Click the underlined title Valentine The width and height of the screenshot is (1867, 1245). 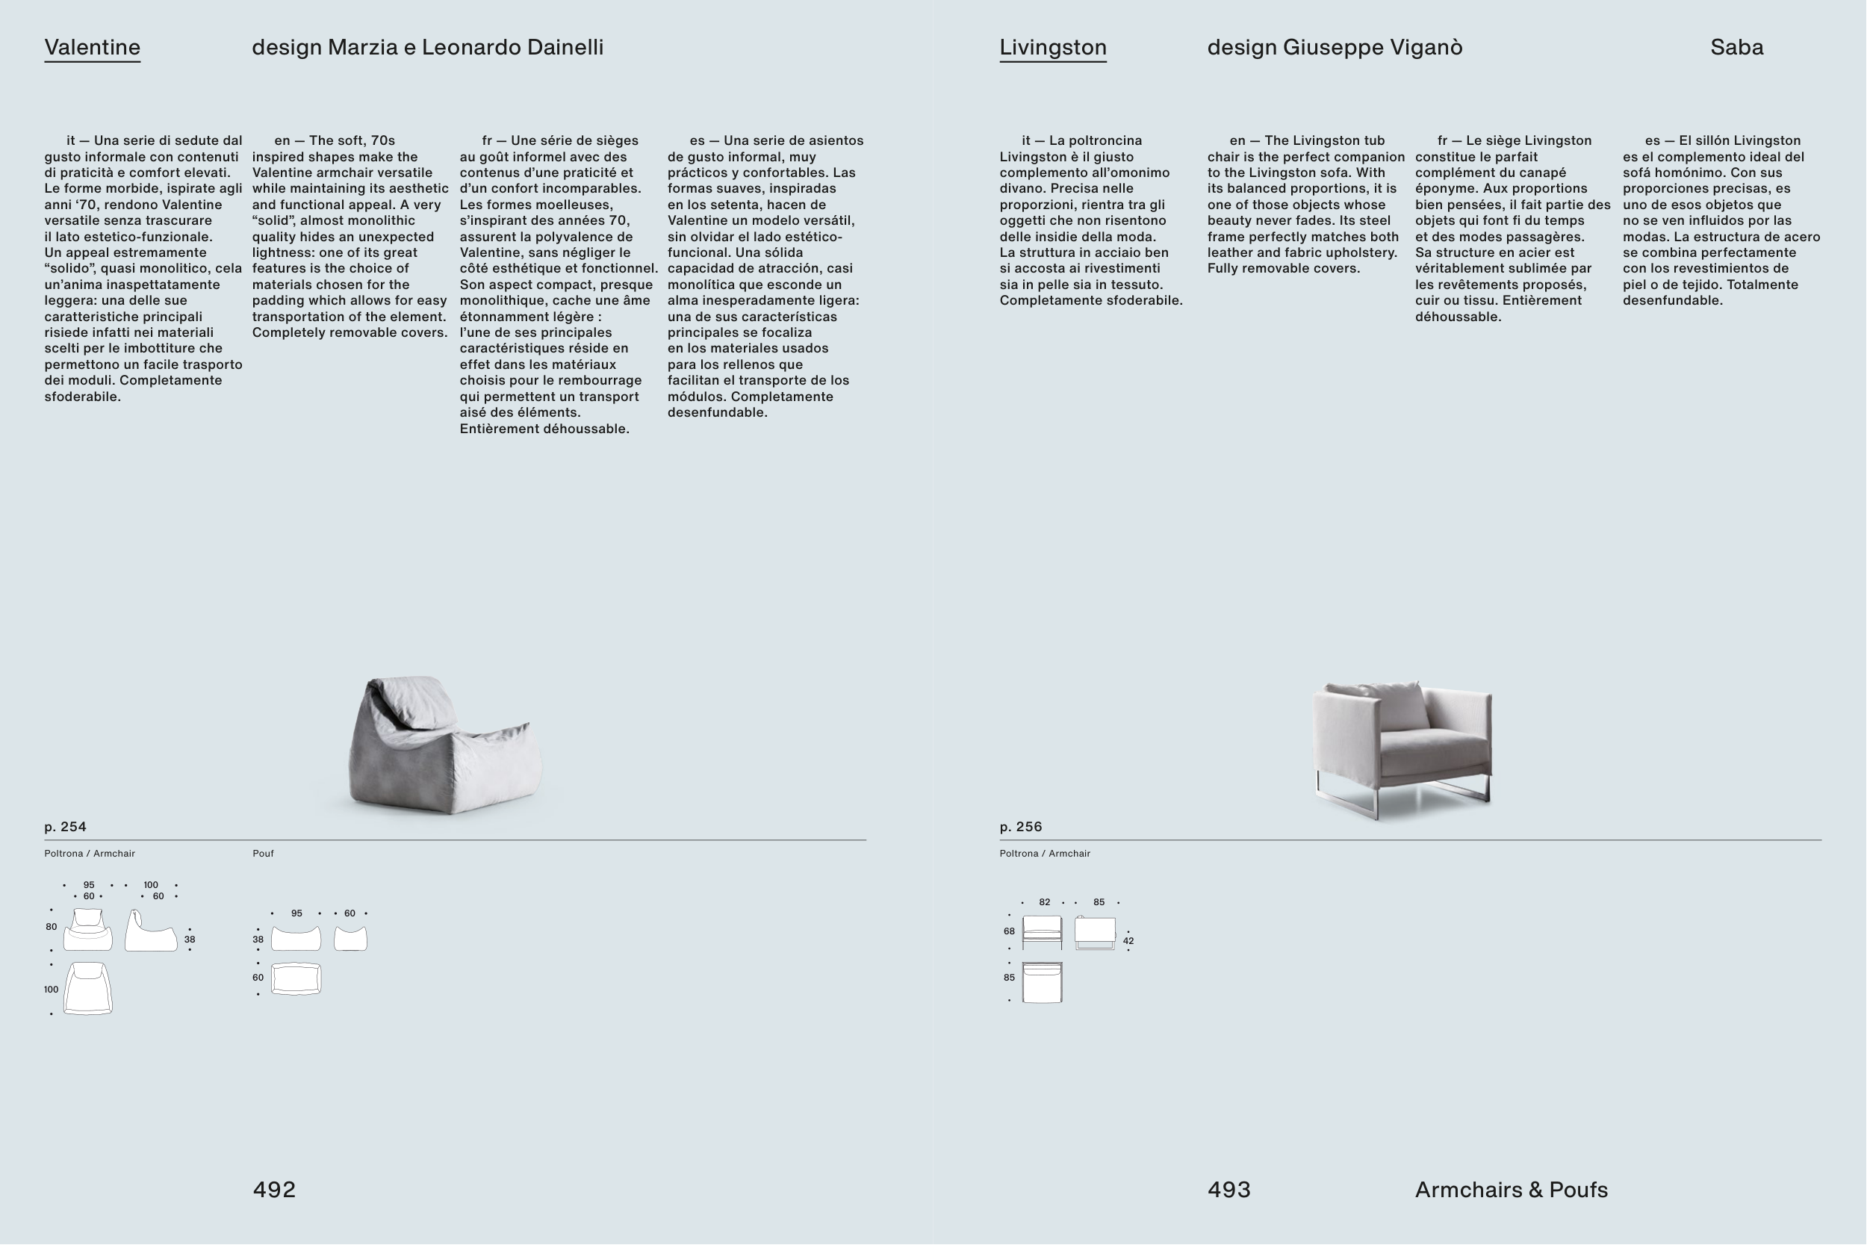[92, 48]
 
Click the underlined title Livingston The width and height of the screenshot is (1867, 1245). [1052, 48]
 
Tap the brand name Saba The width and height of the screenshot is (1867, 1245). [1737, 48]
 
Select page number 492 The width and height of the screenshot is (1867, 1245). [274, 1190]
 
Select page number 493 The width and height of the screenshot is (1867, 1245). [1228, 1190]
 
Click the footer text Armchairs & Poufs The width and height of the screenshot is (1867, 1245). [1512, 1190]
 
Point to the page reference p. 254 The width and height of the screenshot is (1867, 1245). [65, 827]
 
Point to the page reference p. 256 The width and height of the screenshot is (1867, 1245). [1021, 827]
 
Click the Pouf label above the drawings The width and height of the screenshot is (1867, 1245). [263, 854]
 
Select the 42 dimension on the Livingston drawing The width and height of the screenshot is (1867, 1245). [1128, 941]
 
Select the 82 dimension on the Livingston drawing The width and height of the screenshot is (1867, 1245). [1044, 902]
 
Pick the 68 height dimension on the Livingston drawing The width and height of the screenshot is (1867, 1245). [1009, 931]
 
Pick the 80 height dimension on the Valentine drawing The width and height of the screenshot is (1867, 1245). [51, 927]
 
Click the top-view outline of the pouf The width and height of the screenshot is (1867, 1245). [296, 979]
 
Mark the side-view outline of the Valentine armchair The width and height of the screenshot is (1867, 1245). [151, 932]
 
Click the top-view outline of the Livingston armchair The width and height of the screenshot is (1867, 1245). [1043, 983]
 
